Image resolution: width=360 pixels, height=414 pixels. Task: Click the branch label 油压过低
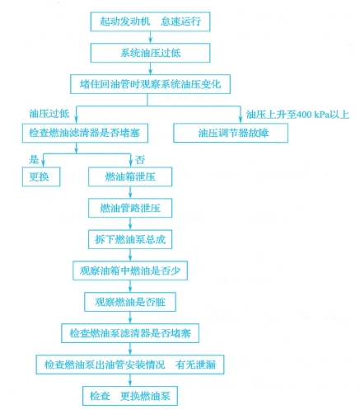pos(49,113)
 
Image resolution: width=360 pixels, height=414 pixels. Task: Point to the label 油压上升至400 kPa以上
pos(297,115)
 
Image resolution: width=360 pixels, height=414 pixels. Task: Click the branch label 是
pos(34,159)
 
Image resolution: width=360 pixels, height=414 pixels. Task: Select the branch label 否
pos(140,160)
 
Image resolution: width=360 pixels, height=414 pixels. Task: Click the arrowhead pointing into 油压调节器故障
pos(241,120)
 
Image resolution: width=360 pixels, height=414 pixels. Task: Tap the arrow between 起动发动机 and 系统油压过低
pos(150,37)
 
